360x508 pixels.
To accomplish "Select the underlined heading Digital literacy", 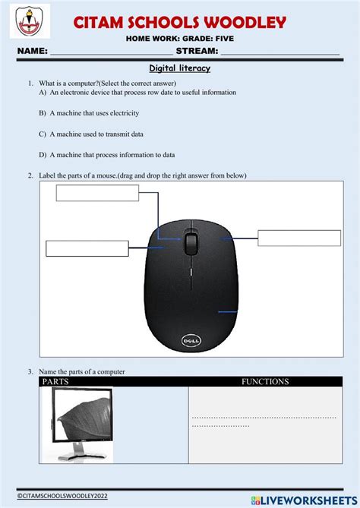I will tap(179, 68).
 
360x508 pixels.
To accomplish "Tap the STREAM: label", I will tap(197, 52).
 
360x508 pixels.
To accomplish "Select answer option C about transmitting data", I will tap(91, 134).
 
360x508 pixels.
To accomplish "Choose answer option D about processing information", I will tap(106, 154).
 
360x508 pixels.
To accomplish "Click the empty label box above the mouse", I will tap(97, 193).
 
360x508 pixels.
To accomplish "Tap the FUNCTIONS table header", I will tap(264, 382).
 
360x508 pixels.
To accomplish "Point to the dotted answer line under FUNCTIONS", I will tap(263, 417).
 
